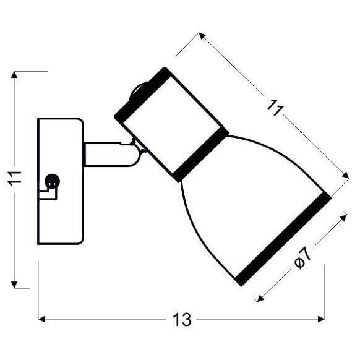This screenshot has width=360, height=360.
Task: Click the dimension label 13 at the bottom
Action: [x=182, y=319]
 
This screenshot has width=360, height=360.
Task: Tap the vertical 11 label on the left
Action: [x=14, y=179]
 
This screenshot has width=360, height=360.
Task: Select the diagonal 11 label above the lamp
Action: [x=275, y=108]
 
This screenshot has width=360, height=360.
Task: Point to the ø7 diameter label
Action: [x=302, y=257]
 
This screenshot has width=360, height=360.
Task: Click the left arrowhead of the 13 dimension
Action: [x=41, y=319]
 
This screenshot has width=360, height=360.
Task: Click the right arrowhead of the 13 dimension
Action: [x=322, y=319]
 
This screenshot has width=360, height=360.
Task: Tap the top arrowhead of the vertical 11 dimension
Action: [x=14, y=75]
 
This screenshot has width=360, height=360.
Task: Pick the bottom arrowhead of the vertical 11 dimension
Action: [x=14, y=285]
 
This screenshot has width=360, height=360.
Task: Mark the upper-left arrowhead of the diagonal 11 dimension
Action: [x=202, y=36]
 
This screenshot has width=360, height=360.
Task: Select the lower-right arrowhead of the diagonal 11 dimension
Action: [x=346, y=176]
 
